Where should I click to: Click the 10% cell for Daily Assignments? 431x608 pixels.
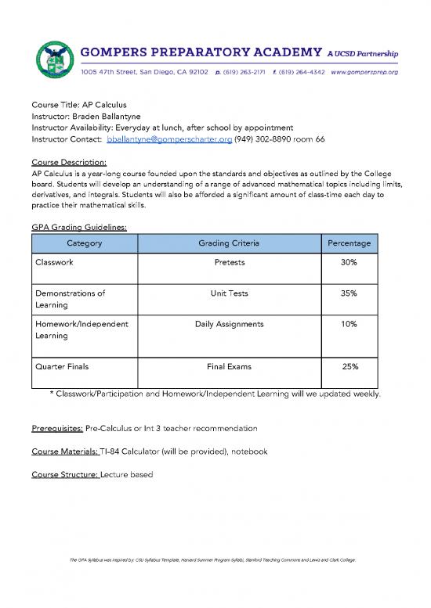point(349,323)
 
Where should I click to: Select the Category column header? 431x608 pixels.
point(85,243)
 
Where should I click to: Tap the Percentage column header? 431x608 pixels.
point(349,243)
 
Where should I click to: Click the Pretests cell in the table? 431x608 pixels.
point(230,264)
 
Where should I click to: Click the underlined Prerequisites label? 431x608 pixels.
point(56,429)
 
